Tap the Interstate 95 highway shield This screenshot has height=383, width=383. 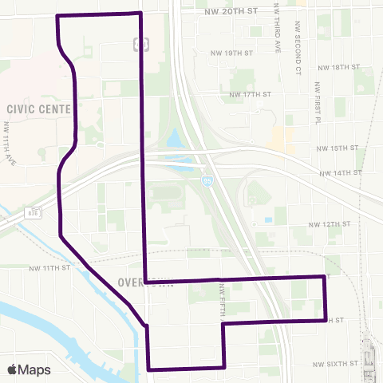[207, 181]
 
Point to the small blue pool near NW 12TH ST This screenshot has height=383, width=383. [268, 219]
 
